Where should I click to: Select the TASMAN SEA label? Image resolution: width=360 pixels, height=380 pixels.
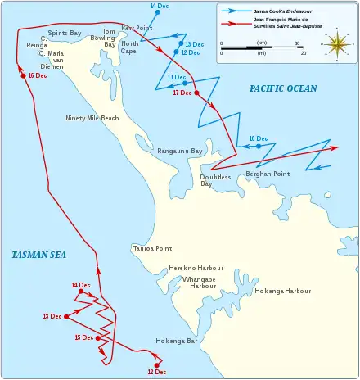[x=38, y=256]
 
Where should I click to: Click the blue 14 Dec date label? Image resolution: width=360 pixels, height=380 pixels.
[x=160, y=7]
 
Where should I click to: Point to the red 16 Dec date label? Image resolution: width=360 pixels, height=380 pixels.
[x=37, y=75]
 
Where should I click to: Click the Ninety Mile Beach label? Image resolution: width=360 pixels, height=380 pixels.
[x=92, y=118]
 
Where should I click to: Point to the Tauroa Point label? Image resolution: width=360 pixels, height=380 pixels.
[x=151, y=248]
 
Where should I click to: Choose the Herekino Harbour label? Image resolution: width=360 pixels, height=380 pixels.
[x=196, y=269]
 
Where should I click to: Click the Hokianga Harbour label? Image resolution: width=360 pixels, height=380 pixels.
[x=283, y=292]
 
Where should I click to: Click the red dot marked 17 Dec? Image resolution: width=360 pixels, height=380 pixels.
[x=197, y=93]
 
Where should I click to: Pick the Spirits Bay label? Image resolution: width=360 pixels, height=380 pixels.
[x=65, y=33]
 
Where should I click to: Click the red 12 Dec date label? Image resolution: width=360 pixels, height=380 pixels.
[x=156, y=373]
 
